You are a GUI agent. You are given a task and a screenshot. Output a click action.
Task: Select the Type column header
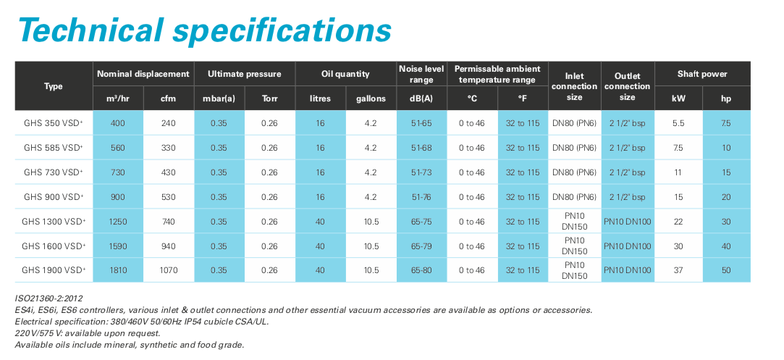coord(54,86)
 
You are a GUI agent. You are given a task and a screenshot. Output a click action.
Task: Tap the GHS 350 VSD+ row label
coord(54,124)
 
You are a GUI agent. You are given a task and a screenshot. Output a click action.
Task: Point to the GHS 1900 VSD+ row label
coord(54,270)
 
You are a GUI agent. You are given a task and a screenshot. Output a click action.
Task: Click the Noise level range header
coord(421,74)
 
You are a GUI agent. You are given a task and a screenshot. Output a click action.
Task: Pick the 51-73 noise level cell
coord(421,172)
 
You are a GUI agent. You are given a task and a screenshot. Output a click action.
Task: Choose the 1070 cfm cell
coord(169,270)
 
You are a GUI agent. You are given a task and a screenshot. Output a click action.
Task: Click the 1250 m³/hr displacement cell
coord(118,222)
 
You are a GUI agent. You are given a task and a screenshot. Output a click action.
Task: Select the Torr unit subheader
coord(269,99)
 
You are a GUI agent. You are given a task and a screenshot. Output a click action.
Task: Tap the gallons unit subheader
coord(371,99)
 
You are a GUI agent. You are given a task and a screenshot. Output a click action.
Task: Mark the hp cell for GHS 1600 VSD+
coord(726,246)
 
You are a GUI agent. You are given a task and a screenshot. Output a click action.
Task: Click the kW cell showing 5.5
coord(678,124)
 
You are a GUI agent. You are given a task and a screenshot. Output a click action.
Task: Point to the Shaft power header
coord(702,74)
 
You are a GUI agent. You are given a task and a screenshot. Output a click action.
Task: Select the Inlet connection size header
coord(574,86)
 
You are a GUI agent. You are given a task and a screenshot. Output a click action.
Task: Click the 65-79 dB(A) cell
coord(421,246)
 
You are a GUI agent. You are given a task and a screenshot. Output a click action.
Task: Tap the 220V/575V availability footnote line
coord(88,332)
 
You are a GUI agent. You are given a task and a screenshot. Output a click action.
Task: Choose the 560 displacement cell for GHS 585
coord(118,148)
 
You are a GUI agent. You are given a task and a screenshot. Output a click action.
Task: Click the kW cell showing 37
coord(678,270)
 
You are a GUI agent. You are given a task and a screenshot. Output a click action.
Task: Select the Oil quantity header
coord(345,74)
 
